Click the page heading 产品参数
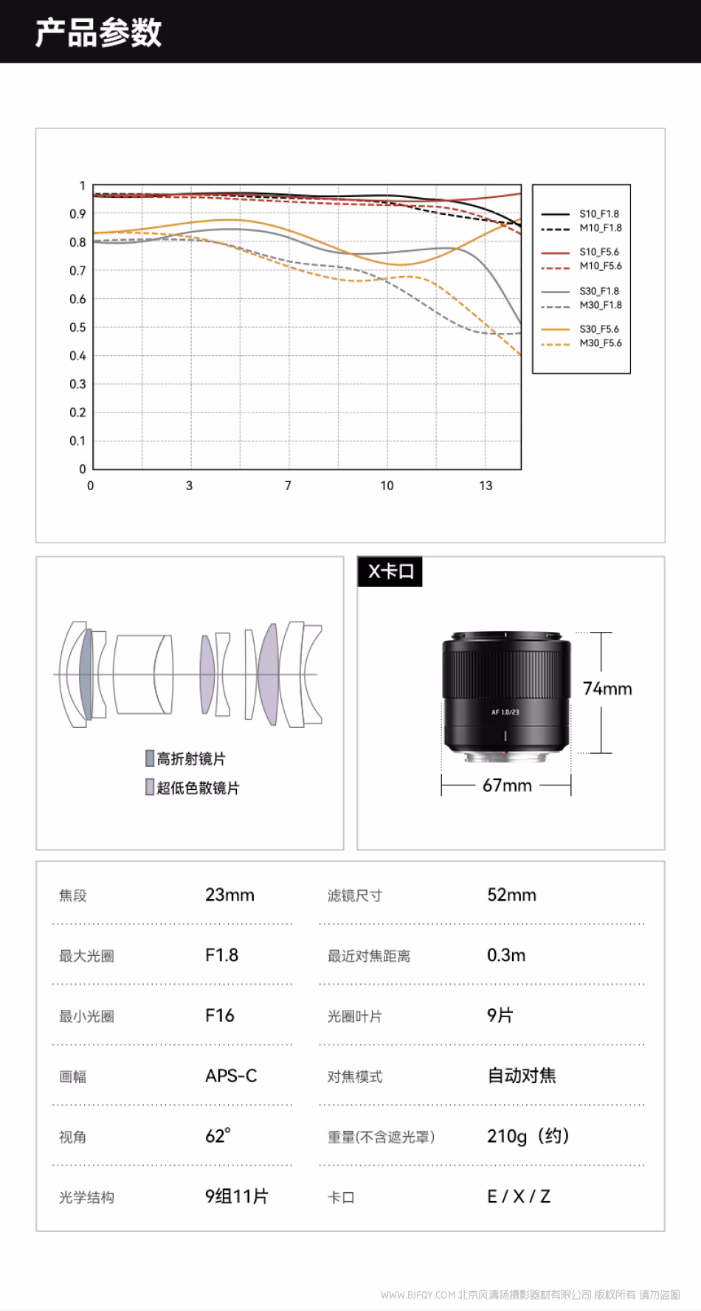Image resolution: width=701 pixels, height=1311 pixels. point(98,33)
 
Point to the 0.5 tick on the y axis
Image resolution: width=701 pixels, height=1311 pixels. point(77,327)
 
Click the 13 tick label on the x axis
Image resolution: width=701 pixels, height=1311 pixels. point(485,486)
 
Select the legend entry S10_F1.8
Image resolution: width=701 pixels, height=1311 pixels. point(599,214)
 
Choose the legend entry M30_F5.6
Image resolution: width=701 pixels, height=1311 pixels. point(601,343)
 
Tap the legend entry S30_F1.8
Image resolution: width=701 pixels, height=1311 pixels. point(599,292)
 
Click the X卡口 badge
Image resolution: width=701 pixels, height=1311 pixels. point(390,571)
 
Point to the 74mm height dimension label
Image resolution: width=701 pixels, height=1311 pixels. point(607,689)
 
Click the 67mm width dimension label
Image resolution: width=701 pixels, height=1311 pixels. point(507,785)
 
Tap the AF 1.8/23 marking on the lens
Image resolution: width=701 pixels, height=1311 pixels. point(505,712)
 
